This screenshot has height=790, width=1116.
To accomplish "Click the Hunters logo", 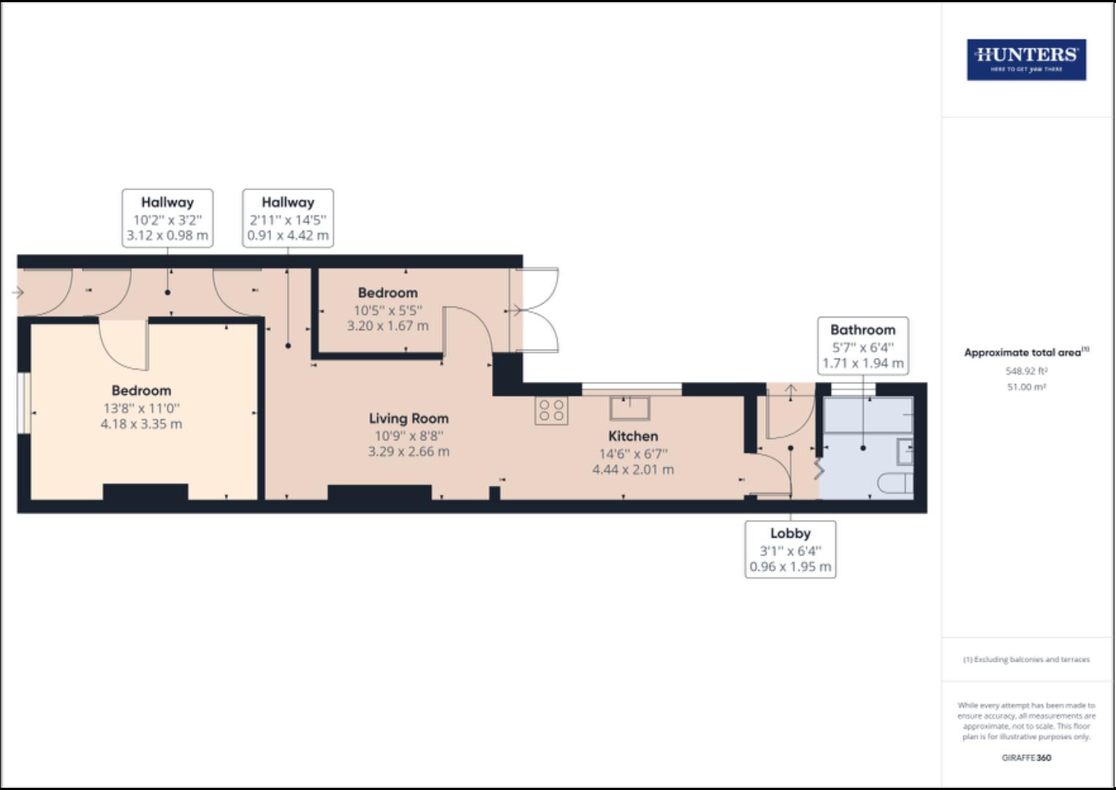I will click(x=1026, y=59).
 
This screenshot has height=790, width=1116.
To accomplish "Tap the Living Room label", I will click(x=409, y=418).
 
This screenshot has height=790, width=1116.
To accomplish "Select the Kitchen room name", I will click(x=633, y=436).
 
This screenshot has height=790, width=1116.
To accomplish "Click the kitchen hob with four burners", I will click(x=551, y=411).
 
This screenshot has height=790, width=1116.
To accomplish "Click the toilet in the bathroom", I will click(x=895, y=484).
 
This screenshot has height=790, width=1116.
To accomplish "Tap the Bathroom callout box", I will click(x=862, y=346).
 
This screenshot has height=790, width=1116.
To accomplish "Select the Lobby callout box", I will click(x=790, y=549).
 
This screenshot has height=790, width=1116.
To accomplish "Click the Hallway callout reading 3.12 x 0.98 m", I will click(x=167, y=219).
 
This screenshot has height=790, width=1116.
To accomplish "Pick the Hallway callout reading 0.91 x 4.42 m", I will click(x=288, y=219).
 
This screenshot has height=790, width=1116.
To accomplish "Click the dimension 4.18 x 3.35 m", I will click(x=141, y=424).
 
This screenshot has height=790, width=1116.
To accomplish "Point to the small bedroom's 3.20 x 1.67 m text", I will click(x=387, y=326).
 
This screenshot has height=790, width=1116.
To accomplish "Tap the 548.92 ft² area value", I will click(x=1026, y=371).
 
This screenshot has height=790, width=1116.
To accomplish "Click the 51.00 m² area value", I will click(x=1026, y=387).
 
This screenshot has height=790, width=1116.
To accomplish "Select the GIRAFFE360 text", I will click(x=1026, y=758).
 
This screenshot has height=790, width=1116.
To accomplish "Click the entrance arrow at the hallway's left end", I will click(x=18, y=293).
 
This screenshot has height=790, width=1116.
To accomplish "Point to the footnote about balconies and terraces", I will click(x=1026, y=660).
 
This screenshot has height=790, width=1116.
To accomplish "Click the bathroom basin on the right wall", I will click(x=905, y=451).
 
